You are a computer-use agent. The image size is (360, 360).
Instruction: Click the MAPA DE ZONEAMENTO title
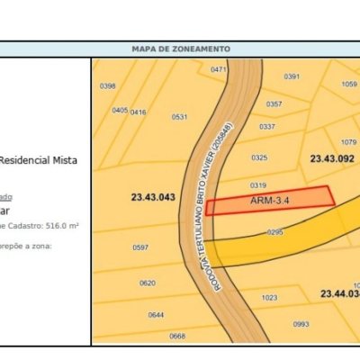click(x=180, y=49)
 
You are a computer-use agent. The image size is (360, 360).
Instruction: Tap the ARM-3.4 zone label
click(x=269, y=202)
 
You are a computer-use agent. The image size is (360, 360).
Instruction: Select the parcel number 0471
click(x=218, y=69)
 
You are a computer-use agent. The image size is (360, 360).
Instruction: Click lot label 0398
click(x=107, y=85)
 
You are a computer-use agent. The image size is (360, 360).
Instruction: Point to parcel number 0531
click(x=180, y=117)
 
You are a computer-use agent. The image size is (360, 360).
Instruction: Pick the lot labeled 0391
click(x=292, y=76)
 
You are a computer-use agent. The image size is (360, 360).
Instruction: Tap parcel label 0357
click(x=274, y=103)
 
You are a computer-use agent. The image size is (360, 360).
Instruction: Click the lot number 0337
click(x=267, y=126)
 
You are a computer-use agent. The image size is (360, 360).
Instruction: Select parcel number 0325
click(x=259, y=157)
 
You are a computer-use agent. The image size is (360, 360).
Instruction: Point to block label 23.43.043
click(x=151, y=197)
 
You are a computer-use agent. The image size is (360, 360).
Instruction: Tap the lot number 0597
click(x=140, y=247)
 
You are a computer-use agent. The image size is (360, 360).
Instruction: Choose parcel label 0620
click(x=148, y=283)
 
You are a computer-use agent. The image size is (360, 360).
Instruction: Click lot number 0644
click(x=156, y=314)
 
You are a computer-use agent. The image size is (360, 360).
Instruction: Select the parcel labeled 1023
click(x=269, y=298)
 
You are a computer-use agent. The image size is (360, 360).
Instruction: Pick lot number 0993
click(x=301, y=324)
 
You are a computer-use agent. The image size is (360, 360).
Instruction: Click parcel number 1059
click(x=349, y=84)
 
